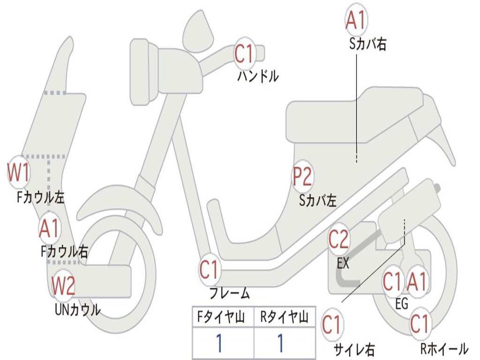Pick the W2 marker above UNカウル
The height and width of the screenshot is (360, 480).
coord(63,285)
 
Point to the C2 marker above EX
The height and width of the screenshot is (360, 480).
coord(338,240)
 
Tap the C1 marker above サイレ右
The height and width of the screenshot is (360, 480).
coord(332,325)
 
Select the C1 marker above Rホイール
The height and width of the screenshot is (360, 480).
coord(420,324)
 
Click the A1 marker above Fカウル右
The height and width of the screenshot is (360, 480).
coord(49,229)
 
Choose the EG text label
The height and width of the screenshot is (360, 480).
coord(401,304)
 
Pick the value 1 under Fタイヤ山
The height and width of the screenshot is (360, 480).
coord(219,344)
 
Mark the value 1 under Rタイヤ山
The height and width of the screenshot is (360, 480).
coord(280,344)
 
